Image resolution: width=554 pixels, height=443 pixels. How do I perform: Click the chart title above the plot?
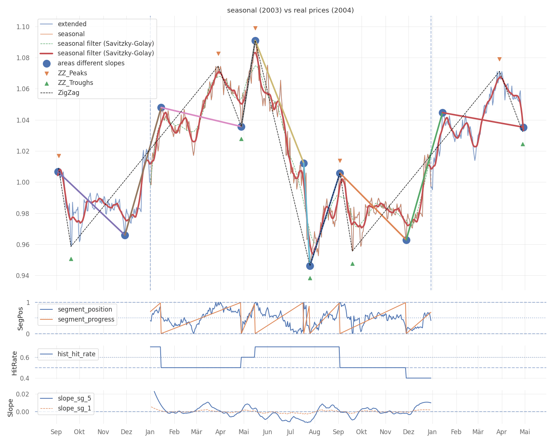coord(290,10)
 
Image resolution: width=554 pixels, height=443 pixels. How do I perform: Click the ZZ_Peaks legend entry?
coord(72,73)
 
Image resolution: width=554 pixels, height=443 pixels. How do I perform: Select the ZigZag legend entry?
coord(68,93)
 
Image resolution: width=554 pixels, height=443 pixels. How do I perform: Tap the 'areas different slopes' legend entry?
coord(91,63)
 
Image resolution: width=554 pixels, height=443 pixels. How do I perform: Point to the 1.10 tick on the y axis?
coord(23,27)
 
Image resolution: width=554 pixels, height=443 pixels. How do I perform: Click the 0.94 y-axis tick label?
coord(23,275)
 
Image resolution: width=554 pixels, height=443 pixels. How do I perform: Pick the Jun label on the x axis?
coord(267,432)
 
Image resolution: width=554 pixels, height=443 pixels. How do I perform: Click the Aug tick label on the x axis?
coord(314,432)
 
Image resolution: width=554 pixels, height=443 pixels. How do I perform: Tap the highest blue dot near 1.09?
coord(255,41)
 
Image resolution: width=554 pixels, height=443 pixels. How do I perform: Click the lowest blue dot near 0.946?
coord(310,266)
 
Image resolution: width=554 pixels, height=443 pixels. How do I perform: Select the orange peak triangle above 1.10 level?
coord(255,28)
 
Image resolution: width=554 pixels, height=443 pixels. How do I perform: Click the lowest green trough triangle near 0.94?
coord(310,278)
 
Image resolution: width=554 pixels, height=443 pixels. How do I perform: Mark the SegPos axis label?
coord(20,318)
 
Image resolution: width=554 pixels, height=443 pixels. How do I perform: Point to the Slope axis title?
coord(10,408)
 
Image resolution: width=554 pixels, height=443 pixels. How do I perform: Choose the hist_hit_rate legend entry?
coord(76,354)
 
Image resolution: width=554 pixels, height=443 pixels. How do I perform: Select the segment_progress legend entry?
coord(86,319)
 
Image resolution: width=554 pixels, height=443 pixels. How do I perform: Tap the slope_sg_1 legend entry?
coord(74,408)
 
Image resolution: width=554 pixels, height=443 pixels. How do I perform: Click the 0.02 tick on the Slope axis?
coord(23,394)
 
